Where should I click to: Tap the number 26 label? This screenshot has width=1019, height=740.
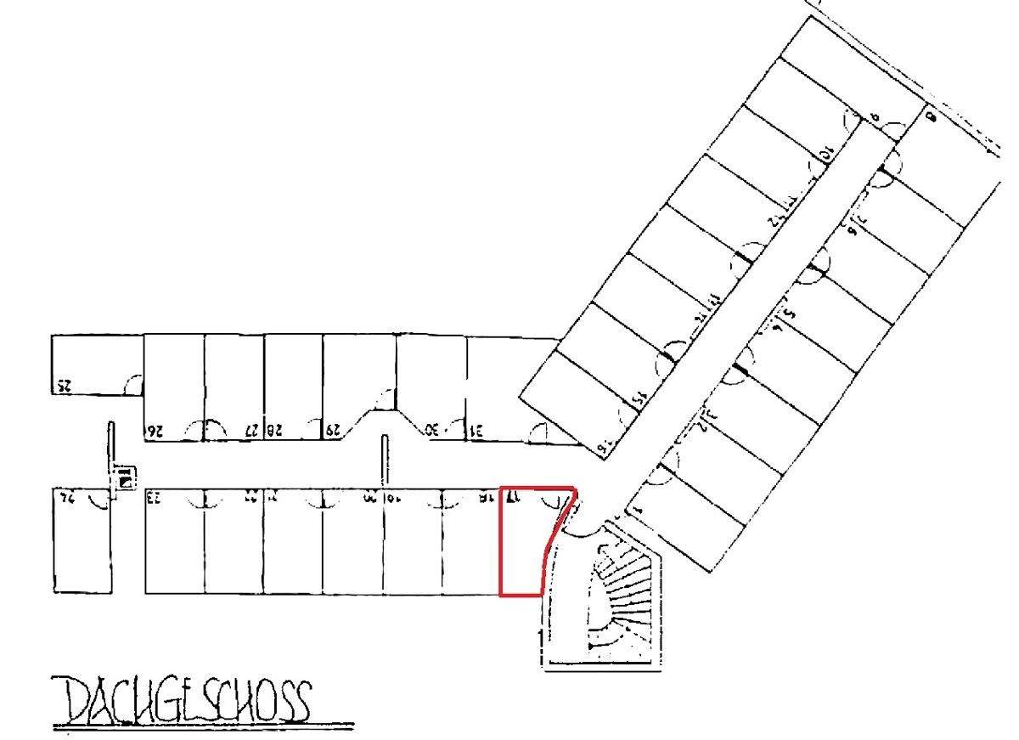154,430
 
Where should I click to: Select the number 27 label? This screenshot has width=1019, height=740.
252,430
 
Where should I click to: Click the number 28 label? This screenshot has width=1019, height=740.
275,430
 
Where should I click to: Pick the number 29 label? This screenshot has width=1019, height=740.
333,430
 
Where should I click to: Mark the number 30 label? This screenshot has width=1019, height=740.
433,430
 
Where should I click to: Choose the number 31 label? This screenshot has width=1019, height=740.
477,430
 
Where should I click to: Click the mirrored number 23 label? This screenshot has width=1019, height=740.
155,497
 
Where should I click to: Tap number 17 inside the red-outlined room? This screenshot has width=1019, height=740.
513,498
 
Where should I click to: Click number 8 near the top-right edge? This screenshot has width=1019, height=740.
931,116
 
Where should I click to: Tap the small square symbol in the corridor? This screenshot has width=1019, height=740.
125,480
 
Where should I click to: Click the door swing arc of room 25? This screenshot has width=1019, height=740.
133,385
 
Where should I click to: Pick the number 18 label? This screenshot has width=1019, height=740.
485,497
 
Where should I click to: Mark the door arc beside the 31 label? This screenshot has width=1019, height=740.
538,432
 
